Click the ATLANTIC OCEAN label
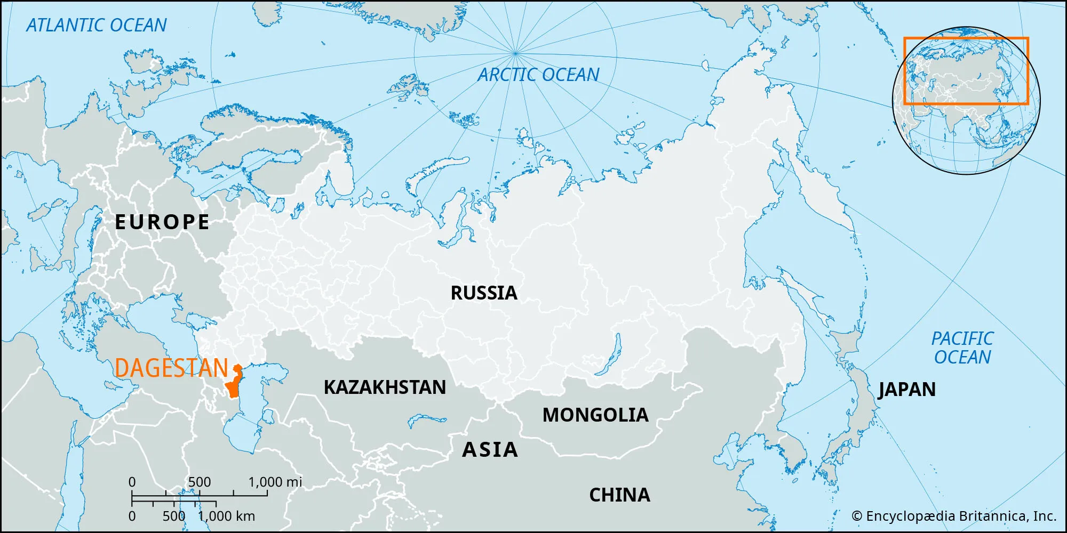pyautogui.click(x=97, y=25)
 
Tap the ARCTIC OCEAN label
pyautogui.click(x=538, y=75)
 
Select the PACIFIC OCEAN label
pyautogui.click(x=962, y=348)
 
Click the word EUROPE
pyautogui.click(x=162, y=222)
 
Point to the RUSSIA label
pyautogui.click(x=484, y=293)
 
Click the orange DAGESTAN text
pyautogui.click(x=171, y=368)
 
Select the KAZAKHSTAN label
pyautogui.click(x=385, y=387)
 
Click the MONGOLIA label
pyautogui.click(x=595, y=415)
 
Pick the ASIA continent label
pyautogui.click(x=490, y=449)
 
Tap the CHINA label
pyautogui.click(x=619, y=495)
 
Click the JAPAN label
pyautogui.click(x=907, y=389)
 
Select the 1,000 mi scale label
pyautogui.click(x=275, y=482)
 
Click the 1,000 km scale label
pyautogui.click(x=226, y=516)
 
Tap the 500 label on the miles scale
pyautogui.click(x=200, y=482)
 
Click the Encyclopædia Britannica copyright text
pyautogui.click(x=954, y=516)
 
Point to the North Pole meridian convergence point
pyautogui.click(x=515, y=53)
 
